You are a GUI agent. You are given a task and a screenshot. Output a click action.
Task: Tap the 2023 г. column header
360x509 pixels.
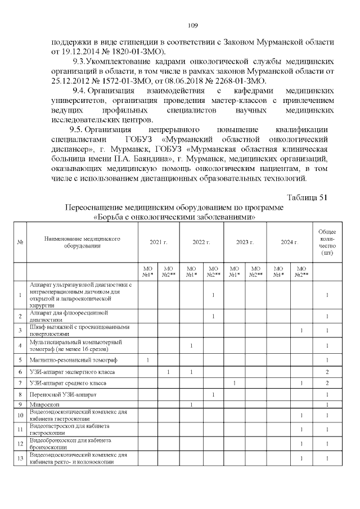245,242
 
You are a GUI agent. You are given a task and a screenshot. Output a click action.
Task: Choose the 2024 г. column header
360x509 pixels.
288,242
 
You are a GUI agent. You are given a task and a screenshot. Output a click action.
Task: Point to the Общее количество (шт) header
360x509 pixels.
327,242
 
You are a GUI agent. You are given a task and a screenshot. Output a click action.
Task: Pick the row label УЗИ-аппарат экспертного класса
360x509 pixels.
71,372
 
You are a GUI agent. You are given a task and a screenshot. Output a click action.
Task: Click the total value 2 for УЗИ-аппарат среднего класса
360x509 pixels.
327,383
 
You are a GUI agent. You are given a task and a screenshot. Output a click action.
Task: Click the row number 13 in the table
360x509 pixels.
20,458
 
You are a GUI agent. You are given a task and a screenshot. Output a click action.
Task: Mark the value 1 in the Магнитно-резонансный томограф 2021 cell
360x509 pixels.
147,359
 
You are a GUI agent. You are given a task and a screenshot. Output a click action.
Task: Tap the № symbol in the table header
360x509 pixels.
20,242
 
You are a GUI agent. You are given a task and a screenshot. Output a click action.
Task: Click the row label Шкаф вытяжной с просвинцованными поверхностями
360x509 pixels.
79,330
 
